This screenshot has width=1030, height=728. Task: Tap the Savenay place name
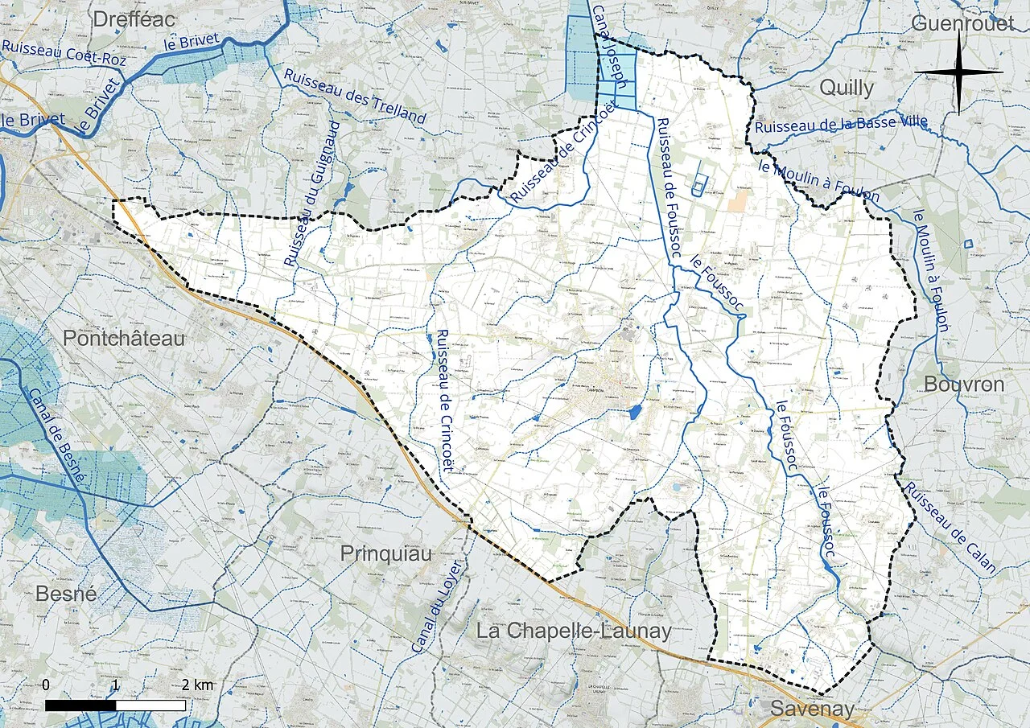tap(812, 709)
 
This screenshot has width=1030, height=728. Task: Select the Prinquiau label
tap(385, 553)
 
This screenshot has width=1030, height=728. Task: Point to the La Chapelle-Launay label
tap(574, 631)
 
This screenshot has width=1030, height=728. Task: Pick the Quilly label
tap(846, 88)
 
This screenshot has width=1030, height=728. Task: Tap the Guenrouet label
tap(962, 23)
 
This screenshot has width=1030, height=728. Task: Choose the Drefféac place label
tap(134, 19)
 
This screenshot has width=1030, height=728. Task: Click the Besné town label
tap(66, 594)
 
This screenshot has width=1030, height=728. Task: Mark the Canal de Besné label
tap(56, 435)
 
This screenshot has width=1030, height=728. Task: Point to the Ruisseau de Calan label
tap(950, 529)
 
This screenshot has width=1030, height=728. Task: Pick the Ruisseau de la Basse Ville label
tap(841, 124)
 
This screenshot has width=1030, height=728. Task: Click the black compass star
tap(958, 72)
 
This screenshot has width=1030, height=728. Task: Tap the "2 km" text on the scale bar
tap(197, 685)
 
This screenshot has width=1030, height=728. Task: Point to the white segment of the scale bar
tap(150, 705)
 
